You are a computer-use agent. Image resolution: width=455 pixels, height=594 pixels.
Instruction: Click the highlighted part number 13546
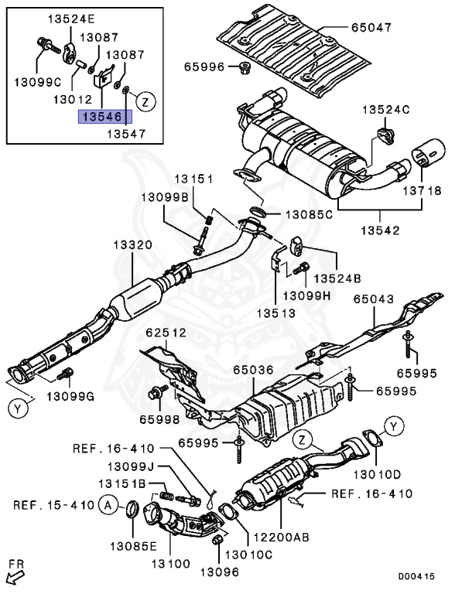pyautogui.click(x=105, y=117)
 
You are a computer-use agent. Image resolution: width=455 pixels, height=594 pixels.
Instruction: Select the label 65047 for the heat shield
pyautogui.click(x=371, y=27)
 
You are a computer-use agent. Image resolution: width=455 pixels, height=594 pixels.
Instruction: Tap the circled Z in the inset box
pyautogui.click(x=146, y=101)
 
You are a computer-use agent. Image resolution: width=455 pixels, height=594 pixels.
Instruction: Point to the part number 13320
pyautogui.click(x=132, y=244)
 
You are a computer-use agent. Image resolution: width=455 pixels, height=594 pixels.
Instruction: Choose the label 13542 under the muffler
pyautogui.click(x=380, y=230)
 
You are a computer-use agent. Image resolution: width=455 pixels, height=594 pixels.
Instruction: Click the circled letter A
pyautogui.click(x=108, y=505)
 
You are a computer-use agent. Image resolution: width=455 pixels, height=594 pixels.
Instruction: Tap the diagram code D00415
pyautogui.click(x=416, y=576)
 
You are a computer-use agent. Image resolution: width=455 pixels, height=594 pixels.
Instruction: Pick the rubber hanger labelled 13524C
pyautogui.click(x=385, y=136)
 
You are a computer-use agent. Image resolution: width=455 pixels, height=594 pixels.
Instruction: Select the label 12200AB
pyautogui.click(x=281, y=537)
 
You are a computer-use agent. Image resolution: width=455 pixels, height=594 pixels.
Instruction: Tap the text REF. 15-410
pyautogui.click(x=53, y=505)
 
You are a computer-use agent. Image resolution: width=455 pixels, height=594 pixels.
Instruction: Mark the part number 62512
pyautogui.click(x=166, y=333)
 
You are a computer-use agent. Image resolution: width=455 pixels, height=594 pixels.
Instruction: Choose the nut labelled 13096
pyautogui.click(x=218, y=540)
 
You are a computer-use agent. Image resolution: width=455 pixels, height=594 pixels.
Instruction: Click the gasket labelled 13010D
pyautogui.click(x=373, y=441)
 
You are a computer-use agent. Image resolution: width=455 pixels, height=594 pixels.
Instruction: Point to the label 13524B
pyautogui.click(x=337, y=278)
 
